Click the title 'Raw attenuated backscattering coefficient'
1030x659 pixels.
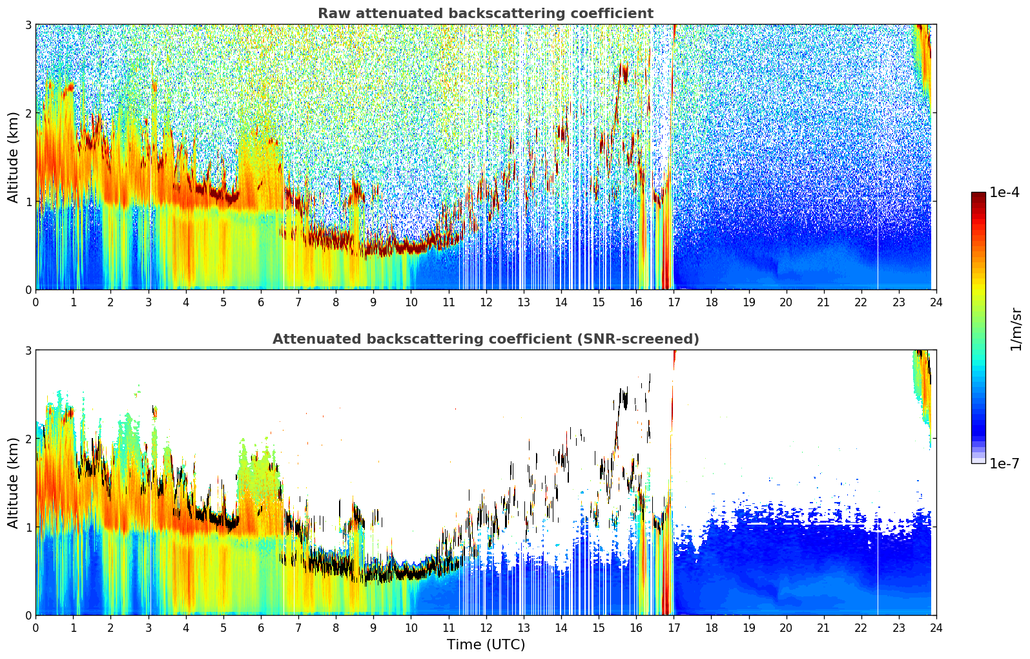coord(486,14)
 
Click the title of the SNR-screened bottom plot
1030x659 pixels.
coord(486,339)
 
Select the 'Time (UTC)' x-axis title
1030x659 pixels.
coord(486,644)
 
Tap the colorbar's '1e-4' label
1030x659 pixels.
coord(1004,193)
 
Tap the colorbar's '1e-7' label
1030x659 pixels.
coord(1004,463)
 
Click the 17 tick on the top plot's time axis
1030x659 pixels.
coord(674,302)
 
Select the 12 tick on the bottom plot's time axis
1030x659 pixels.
coord(486,628)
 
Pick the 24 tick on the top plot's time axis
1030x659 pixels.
coord(936,302)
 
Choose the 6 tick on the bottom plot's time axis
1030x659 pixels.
coord(261,628)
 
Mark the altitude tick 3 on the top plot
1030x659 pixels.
coord(28,25)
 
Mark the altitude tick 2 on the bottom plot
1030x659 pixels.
coord(28,439)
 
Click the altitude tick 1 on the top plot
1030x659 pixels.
coord(28,202)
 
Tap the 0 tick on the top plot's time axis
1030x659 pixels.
coord(36,302)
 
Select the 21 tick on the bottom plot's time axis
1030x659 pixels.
coord(823,628)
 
